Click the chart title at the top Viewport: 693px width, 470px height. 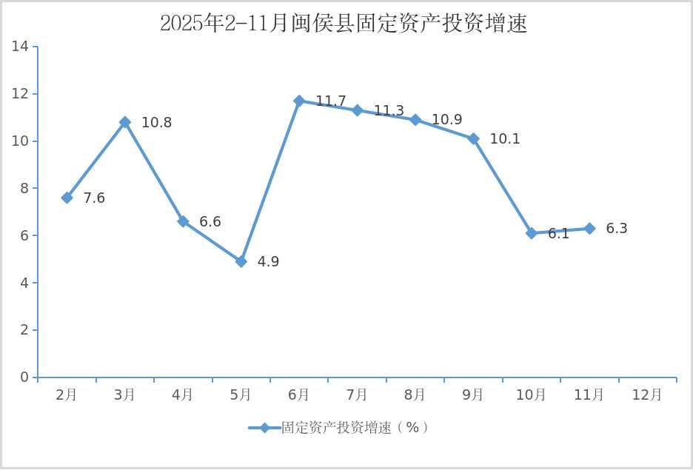344,24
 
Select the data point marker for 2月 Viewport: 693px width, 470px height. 67,198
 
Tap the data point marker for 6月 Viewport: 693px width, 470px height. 299,101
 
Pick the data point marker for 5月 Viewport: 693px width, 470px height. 241,261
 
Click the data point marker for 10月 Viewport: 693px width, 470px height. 532,233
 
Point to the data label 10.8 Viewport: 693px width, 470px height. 156,123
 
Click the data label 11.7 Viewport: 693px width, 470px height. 331,101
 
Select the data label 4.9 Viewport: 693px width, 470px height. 268,262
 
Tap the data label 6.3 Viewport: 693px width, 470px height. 617,229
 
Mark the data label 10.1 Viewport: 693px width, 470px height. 505,139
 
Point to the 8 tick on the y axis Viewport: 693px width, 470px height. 24,188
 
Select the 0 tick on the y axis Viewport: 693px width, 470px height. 24,377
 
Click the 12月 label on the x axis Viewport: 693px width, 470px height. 647,395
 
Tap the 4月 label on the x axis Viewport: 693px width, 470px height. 182,395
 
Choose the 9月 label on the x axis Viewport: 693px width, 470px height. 473,395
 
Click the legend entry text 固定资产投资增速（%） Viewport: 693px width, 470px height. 355,428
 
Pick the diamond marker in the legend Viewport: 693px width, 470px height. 264,428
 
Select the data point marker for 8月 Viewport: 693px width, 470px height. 415,120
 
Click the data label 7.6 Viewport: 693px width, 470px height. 94,198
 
